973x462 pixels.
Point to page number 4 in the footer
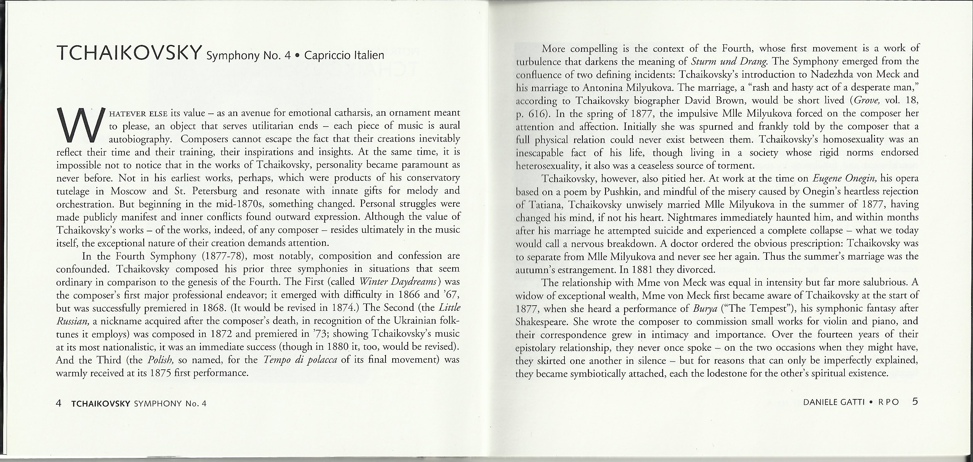click(x=59, y=403)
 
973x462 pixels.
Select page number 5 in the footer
click(x=915, y=401)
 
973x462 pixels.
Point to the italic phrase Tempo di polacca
click(x=300, y=360)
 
